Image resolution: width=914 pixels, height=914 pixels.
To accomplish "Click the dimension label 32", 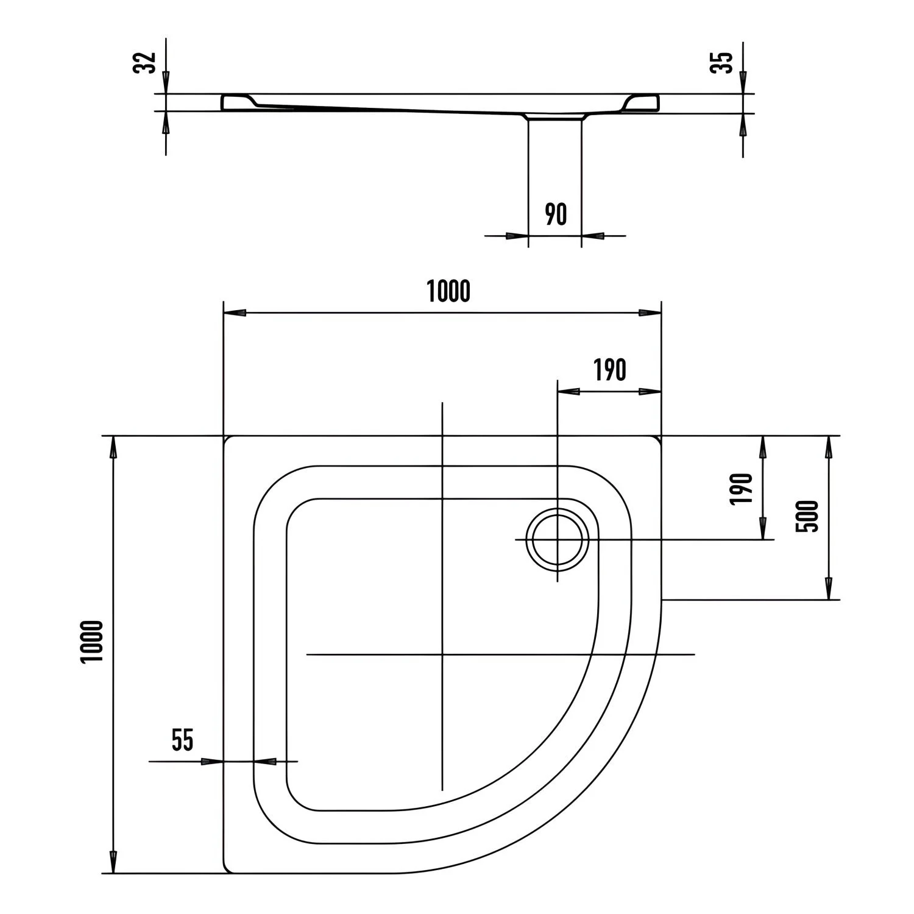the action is (x=145, y=63).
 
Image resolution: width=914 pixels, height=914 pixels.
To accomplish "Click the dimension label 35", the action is (x=723, y=63).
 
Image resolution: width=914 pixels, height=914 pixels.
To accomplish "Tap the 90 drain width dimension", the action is (x=556, y=214).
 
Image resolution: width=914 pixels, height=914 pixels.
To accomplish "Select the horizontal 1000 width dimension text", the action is (x=448, y=291).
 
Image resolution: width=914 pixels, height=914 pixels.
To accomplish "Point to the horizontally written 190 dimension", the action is (x=610, y=370).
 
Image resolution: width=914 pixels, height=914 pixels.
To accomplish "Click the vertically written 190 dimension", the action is (x=742, y=489).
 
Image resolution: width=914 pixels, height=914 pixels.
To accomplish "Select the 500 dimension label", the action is (x=807, y=517).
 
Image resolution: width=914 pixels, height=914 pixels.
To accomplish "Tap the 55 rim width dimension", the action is (x=182, y=740).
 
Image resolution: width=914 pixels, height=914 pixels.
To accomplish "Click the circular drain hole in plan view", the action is (x=558, y=540).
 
